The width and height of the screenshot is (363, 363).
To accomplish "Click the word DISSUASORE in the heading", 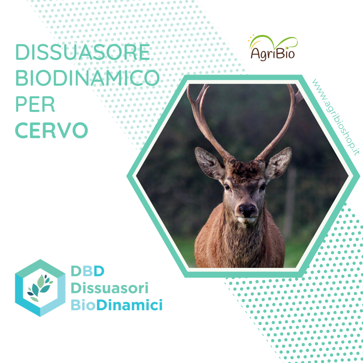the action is coord(83,52).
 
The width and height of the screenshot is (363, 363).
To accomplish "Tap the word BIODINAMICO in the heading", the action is coord(87,78).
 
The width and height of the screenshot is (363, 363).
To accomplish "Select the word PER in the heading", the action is coord(35,104).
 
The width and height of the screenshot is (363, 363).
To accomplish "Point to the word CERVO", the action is coord(51,130).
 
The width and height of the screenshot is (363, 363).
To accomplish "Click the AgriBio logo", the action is coord(273,48).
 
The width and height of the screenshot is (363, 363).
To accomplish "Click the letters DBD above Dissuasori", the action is coord(87,271).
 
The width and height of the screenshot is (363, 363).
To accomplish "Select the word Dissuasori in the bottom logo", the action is coord(110,288).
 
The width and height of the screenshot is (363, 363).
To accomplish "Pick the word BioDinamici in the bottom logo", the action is coord(116,305).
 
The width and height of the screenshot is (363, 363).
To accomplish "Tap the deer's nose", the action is coord(247,210).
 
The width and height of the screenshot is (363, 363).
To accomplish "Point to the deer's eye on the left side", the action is coord(227,187).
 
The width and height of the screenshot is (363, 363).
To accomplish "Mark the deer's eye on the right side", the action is coord(263,187).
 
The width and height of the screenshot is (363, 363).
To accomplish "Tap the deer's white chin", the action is coord(247,220).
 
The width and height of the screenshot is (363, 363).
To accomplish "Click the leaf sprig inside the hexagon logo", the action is coord(40,288).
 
